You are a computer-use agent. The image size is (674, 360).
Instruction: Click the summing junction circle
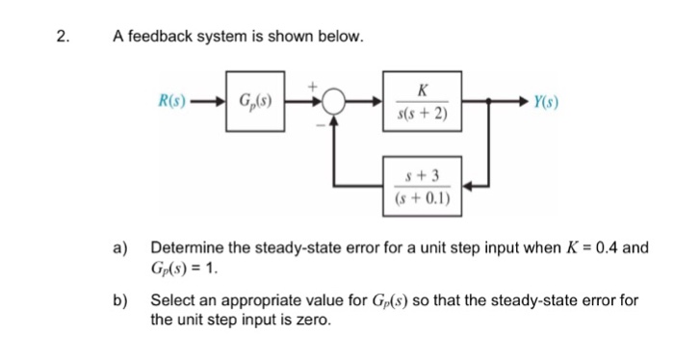333,99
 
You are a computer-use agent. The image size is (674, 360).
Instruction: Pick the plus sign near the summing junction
313,86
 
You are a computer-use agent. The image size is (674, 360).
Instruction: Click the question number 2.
62,38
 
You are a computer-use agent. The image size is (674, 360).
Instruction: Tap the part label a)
122,247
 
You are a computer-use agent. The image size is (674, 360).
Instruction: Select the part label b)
122,300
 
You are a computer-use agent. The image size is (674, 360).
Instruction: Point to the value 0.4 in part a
608,247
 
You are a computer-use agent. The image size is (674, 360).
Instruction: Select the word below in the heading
343,38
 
